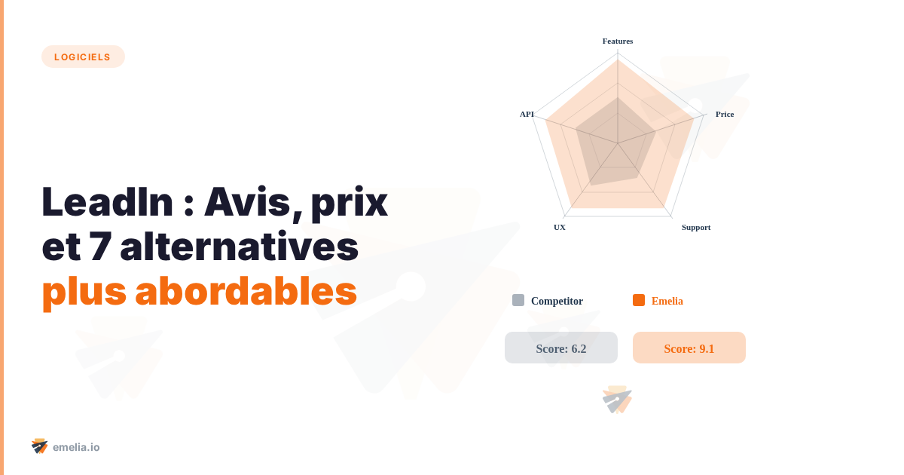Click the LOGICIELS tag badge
(x=83, y=57)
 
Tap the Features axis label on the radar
(x=618, y=41)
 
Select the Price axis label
(x=725, y=114)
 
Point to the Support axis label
(x=696, y=227)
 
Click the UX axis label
(x=560, y=227)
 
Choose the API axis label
(x=527, y=114)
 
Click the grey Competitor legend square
(x=518, y=300)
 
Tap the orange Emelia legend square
(x=639, y=300)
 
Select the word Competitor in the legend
(x=557, y=301)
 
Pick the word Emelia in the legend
(x=667, y=301)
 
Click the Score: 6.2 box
(x=561, y=348)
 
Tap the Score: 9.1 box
(x=689, y=348)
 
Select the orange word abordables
(x=246, y=292)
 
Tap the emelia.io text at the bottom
(x=76, y=447)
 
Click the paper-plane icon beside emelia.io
(x=39, y=446)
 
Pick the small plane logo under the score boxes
(x=618, y=400)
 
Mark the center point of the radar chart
(x=618, y=143)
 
